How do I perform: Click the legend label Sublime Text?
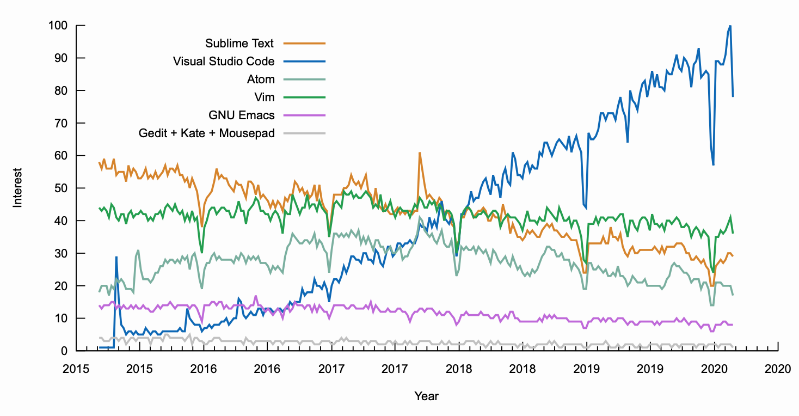pos(239,43)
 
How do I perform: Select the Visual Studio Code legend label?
pos(224,61)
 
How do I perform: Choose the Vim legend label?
pos(265,97)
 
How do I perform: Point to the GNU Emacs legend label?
pos(242,115)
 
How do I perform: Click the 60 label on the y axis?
pos(63,156)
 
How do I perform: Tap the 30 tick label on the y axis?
pos(63,253)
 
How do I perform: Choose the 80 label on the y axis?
pos(63,90)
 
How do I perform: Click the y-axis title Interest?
pos(18,187)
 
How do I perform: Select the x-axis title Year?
pos(426,396)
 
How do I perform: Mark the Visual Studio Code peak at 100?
pos(730,26)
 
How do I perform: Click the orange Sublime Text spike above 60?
pos(420,153)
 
